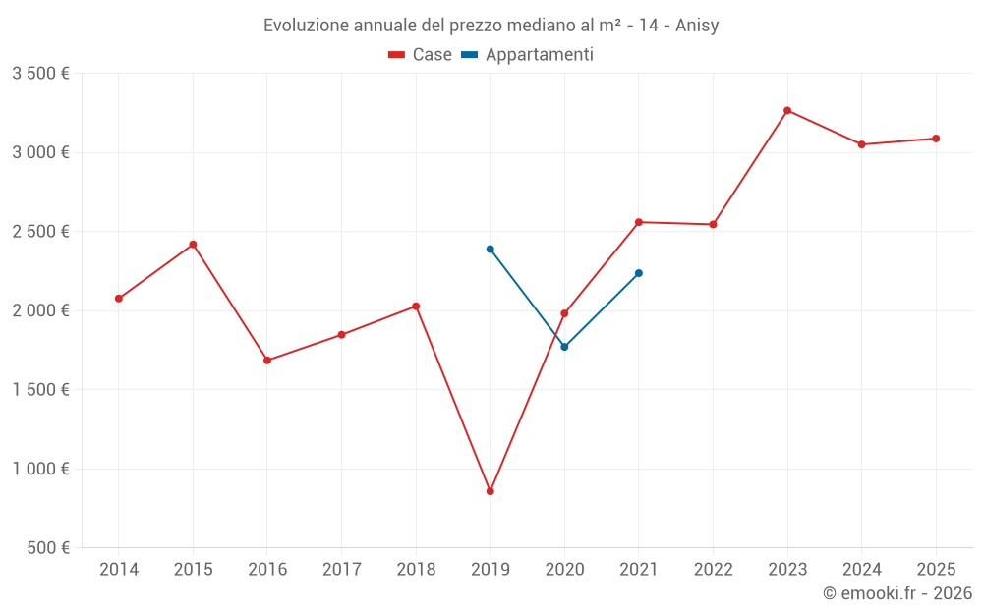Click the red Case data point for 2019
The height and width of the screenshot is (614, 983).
point(490,491)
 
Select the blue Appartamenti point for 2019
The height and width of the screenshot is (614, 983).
point(490,249)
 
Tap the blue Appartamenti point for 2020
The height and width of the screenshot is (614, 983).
point(564,347)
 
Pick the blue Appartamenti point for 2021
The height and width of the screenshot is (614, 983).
point(639,273)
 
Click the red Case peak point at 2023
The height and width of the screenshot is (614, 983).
point(787,110)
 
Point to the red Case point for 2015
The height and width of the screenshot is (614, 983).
point(193,244)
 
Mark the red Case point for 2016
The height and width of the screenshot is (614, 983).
point(267,361)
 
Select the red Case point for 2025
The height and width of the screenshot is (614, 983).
point(936,139)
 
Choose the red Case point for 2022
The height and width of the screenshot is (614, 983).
point(713,224)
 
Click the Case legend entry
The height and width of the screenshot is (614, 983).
point(421,55)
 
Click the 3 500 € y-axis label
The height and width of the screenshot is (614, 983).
point(40,74)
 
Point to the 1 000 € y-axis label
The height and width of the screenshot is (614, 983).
point(40,469)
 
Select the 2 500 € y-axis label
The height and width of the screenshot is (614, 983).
point(40,232)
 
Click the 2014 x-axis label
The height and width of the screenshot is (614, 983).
point(119,569)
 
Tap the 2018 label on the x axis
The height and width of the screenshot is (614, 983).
point(416,569)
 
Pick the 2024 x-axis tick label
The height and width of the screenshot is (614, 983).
point(862,569)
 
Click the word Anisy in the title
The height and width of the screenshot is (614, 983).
point(697,26)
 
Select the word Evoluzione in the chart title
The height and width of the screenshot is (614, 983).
point(306,26)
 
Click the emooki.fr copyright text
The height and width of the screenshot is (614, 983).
point(897,593)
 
